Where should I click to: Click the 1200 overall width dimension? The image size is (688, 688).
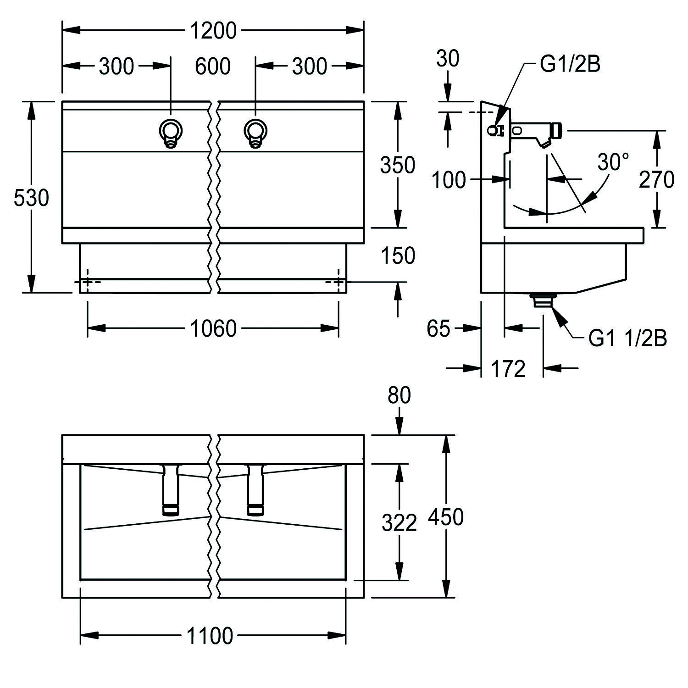[x=213, y=31]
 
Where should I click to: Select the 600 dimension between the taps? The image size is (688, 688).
[x=212, y=67]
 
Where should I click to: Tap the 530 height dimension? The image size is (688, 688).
[x=31, y=198]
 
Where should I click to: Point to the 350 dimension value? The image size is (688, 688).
[x=397, y=165]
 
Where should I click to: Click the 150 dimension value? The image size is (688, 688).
[x=397, y=255]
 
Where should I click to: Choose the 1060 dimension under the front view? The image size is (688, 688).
[x=213, y=328]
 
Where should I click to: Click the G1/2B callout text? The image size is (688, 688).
[x=570, y=65]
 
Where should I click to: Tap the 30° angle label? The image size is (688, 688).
[x=613, y=162]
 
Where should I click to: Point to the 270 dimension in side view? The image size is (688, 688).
[x=656, y=179]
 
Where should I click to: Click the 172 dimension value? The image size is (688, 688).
[x=508, y=368]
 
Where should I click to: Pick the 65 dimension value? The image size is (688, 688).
[x=438, y=328]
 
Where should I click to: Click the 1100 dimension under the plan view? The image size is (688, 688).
[x=210, y=636]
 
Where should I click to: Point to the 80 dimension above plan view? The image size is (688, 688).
[x=399, y=395]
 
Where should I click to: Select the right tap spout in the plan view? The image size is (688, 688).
[x=255, y=490]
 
